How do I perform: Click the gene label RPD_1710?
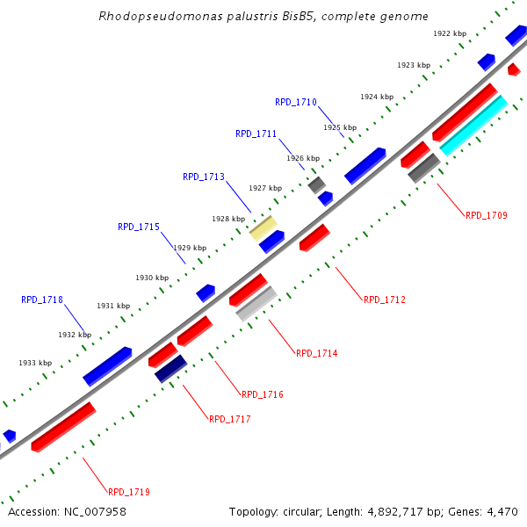click(x=296, y=102)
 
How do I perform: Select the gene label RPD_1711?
click(x=256, y=134)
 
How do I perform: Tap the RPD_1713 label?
click(x=204, y=177)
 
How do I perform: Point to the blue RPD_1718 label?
click(x=42, y=300)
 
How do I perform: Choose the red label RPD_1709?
click(x=487, y=215)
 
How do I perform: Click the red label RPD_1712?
click(x=385, y=300)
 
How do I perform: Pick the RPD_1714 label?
click(x=317, y=354)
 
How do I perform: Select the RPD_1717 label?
click(x=230, y=420)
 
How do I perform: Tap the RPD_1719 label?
click(x=129, y=493)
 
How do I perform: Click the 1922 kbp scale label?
click(x=450, y=33)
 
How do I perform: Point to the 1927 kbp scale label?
click(x=265, y=188)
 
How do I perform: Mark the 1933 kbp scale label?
click(x=35, y=363)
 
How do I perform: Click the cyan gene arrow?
click(x=473, y=126)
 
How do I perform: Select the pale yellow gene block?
click(x=263, y=227)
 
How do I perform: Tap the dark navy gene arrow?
click(x=171, y=368)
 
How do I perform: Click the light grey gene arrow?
click(x=256, y=303)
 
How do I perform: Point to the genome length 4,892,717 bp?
click(x=393, y=511)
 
